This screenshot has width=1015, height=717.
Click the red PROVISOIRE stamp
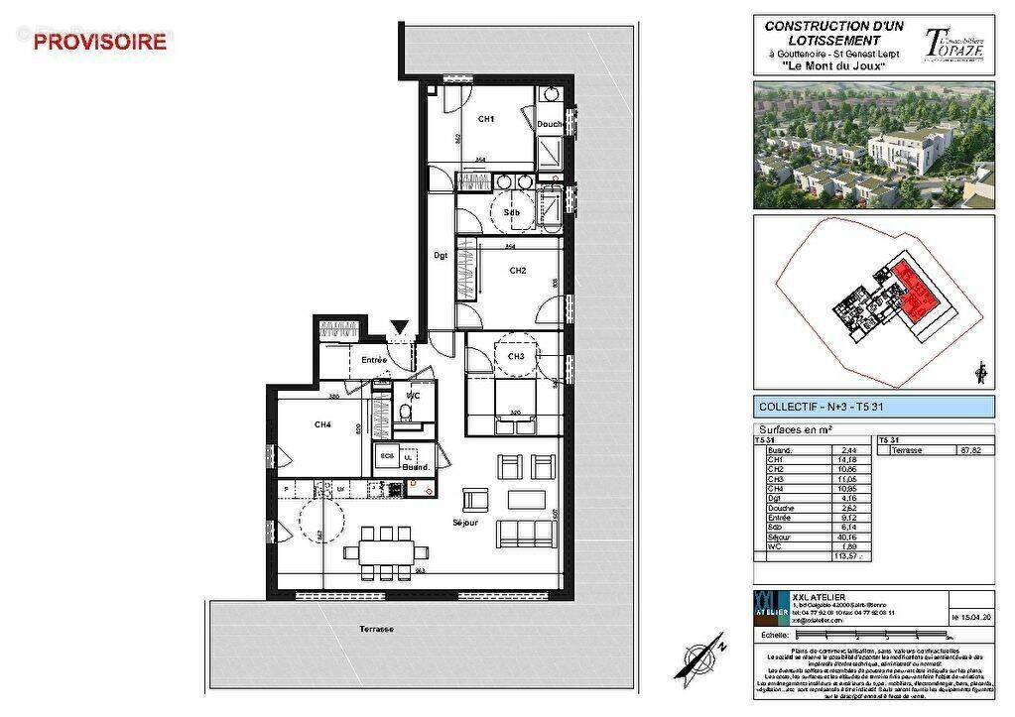100,42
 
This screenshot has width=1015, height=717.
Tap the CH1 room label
486,119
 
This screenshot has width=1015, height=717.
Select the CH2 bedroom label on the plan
517,271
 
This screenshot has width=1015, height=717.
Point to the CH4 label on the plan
322,424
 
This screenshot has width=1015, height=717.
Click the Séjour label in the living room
464,522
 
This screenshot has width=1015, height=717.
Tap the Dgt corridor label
441,256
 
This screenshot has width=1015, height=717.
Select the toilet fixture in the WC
405,413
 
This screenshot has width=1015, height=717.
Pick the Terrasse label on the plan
377,629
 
